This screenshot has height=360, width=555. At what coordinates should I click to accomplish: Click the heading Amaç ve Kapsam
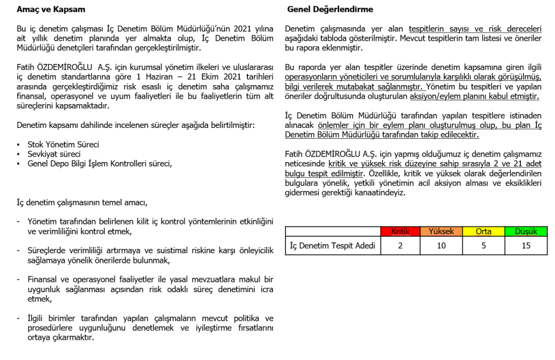51,10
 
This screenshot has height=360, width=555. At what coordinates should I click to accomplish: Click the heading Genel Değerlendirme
330,10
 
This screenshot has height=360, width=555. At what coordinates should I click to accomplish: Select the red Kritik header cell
400,232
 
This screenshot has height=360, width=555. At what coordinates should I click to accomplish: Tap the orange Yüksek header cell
442,232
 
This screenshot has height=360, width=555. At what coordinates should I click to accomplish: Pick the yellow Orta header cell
483,232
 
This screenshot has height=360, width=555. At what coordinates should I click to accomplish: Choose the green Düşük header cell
526,232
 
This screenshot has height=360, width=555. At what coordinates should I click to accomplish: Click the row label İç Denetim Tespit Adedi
333,246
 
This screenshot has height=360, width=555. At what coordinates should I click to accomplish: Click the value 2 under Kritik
400,246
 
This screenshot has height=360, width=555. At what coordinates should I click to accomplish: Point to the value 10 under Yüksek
442,246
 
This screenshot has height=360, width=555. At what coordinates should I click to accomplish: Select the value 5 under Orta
483,246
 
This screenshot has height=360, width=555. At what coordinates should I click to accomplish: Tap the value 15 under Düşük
526,246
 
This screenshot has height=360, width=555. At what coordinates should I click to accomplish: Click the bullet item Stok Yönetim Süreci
63,145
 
